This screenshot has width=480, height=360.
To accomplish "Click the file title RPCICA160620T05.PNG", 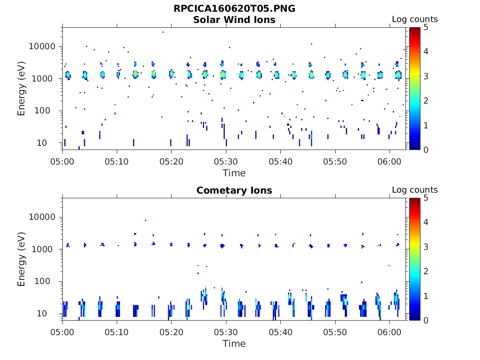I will pyautogui.click(x=234, y=8).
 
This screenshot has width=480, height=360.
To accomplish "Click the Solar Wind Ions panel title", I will pyautogui.click(x=234, y=20).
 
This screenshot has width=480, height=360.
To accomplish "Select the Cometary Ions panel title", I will pyautogui.click(x=234, y=190).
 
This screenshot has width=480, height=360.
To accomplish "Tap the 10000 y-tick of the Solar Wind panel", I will pyautogui.click(x=43, y=47).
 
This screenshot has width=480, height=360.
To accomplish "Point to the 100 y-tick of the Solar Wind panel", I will pyautogui.click(x=48, y=111).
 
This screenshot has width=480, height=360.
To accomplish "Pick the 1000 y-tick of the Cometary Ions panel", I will pyautogui.click(x=45, y=249).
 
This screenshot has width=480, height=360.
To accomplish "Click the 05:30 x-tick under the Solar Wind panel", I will pyautogui.click(x=226, y=161).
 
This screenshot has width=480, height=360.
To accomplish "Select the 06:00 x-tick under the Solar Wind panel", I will pyautogui.click(x=390, y=161).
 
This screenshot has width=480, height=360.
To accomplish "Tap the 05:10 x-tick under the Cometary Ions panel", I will pyautogui.click(x=117, y=331).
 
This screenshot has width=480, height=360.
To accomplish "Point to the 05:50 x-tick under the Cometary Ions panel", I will pyautogui.click(x=335, y=331).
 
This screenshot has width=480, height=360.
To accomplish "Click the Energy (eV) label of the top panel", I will pyautogui.click(x=22, y=88).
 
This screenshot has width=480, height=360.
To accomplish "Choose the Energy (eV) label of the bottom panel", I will pyautogui.click(x=22, y=259).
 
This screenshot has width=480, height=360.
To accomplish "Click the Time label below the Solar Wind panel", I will pyautogui.click(x=234, y=173).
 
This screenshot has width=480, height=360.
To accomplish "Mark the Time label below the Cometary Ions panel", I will pyautogui.click(x=234, y=344).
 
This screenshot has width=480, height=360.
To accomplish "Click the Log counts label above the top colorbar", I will pyautogui.click(x=414, y=20).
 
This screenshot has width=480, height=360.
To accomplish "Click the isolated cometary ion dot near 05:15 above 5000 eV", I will pyautogui.click(x=145, y=220).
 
